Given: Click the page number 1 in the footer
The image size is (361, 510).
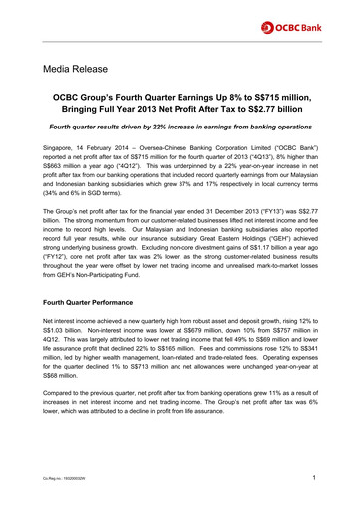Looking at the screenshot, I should tap(315, 482).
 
